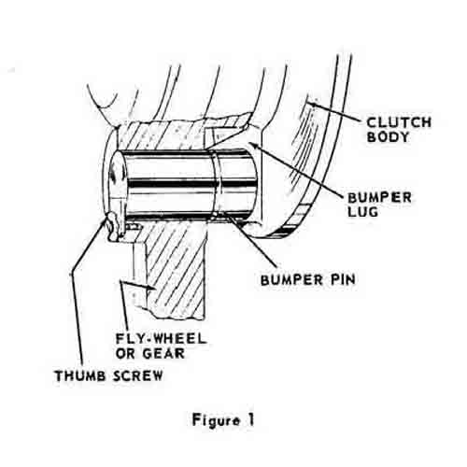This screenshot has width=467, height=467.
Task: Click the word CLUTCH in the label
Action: pos(399,122)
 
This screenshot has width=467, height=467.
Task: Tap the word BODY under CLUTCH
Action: pos(388,137)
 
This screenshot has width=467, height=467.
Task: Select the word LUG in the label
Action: pos(362,212)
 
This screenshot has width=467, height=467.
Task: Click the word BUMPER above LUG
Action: pos(379,197)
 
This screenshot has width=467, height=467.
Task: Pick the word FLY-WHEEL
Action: pos(161,339)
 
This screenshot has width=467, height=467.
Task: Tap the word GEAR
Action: pos(163,353)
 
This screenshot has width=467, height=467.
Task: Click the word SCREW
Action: pos(137,375)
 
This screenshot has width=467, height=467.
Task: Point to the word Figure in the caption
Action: pos(216,420)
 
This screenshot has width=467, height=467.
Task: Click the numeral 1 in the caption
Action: pos(250,419)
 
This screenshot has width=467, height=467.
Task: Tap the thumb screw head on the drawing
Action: pos(112,227)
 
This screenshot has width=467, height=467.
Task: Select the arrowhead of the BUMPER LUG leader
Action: pos(252,144)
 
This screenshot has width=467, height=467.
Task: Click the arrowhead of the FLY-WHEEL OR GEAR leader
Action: pos(152,288)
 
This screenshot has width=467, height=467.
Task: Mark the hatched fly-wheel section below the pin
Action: pos(175,268)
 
